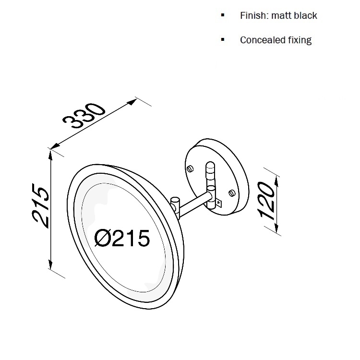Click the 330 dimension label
point(84,116)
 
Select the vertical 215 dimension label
point(41,205)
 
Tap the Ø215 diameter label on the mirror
point(122,238)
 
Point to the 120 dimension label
point(266,200)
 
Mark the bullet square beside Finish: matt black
point(222,15)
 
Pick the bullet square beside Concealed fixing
point(222,39)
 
